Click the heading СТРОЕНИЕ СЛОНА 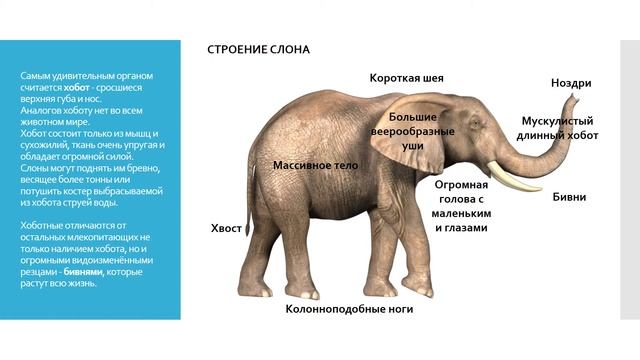[x=258, y=49]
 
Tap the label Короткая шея [x=406, y=77]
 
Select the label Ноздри [x=571, y=83]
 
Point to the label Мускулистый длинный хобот [x=560, y=128]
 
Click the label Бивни [x=569, y=197]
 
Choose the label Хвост [x=227, y=228]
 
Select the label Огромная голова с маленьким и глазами [x=461, y=206]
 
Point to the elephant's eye [x=474, y=128]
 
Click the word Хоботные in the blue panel [x=42, y=224]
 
